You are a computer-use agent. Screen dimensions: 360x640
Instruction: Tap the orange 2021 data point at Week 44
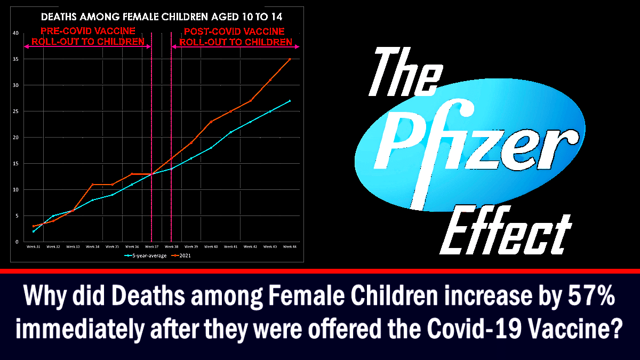[x=290, y=59]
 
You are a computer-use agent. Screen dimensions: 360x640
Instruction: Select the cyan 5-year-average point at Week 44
[x=290, y=101]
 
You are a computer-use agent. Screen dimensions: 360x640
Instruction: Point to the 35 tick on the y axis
[x=17, y=59]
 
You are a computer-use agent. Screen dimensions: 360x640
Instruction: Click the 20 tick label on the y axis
[x=17, y=138]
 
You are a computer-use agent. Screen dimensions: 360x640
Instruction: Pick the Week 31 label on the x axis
[x=33, y=246]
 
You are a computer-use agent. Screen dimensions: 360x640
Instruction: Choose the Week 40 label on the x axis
[x=211, y=246]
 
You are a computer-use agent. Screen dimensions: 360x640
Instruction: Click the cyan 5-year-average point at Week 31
[x=33, y=231]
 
